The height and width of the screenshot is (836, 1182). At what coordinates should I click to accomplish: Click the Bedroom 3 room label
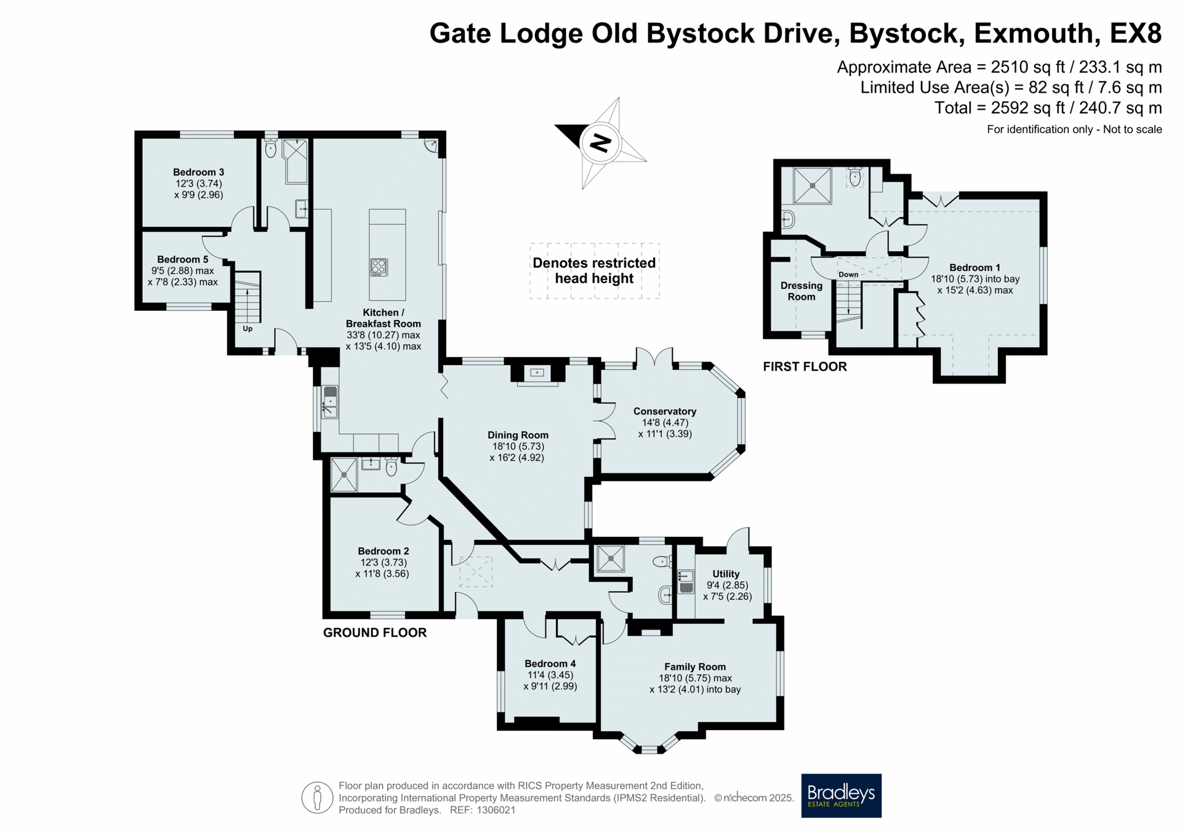click(194, 172)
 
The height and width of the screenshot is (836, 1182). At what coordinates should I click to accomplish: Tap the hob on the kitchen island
click(379, 267)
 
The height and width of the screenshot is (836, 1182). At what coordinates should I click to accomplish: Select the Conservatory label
click(665, 411)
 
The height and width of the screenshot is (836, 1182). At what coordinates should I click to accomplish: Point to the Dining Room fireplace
click(537, 374)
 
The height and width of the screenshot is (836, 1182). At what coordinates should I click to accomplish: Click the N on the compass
click(600, 143)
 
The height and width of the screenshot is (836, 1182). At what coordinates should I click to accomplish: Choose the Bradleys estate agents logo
click(841, 795)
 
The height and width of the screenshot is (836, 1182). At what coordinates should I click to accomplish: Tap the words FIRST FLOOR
click(805, 367)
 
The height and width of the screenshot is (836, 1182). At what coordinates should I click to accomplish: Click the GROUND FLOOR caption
click(375, 633)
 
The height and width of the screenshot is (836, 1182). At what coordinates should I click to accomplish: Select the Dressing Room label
click(802, 291)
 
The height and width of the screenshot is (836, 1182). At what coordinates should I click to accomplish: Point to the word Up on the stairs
click(247, 329)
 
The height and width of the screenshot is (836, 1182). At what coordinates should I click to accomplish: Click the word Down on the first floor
click(848, 275)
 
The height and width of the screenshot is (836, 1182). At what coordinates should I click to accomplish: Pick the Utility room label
click(726, 574)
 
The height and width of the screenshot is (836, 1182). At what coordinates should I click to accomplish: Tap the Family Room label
click(695, 667)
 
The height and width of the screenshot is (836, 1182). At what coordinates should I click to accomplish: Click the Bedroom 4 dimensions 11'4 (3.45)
click(550, 675)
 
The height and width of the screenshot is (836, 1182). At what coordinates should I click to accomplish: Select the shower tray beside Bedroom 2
click(344, 475)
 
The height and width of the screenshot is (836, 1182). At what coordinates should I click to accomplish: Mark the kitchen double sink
click(330, 402)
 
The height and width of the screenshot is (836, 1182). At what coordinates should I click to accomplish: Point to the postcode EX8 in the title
click(1135, 33)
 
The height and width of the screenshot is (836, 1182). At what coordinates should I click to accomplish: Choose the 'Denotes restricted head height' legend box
click(594, 271)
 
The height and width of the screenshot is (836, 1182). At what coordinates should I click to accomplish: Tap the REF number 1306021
click(496, 810)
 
